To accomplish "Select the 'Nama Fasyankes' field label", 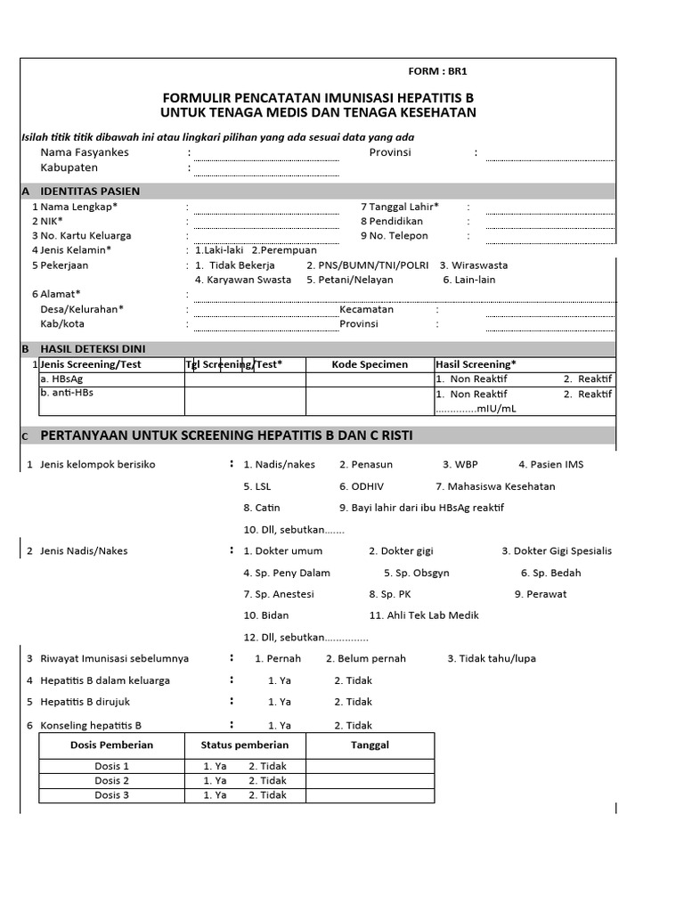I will (x=85, y=152).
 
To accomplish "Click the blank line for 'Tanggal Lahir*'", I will (x=550, y=210).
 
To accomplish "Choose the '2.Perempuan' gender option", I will (x=283, y=250).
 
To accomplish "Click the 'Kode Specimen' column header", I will (x=370, y=364).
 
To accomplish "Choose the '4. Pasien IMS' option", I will (x=551, y=464).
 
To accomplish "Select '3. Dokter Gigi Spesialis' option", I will (x=557, y=551).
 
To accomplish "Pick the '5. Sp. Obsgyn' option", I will (x=416, y=573).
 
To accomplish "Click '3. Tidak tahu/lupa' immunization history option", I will (x=492, y=659).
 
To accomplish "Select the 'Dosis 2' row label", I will (x=112, y=781).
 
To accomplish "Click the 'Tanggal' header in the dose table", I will (x=370, y=745).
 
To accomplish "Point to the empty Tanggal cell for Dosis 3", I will (x=370, y=795).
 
